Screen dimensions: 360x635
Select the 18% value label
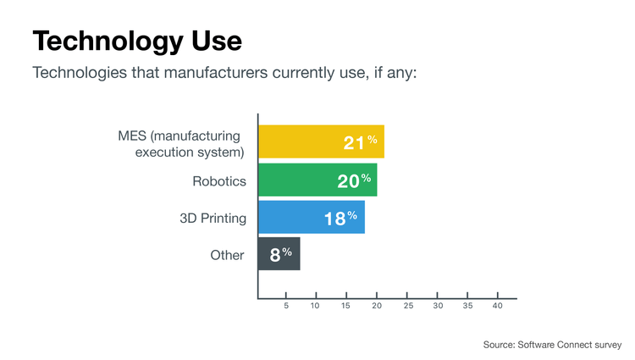[340, 219]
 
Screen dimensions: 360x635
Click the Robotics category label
[218, 180]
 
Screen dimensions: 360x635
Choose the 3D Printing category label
[213, 219]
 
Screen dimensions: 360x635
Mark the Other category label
[227, 255]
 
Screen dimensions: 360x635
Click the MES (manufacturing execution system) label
[181, 143]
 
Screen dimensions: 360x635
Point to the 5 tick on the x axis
[286, 306]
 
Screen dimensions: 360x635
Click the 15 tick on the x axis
[345, 306]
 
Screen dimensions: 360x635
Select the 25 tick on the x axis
[408, 306]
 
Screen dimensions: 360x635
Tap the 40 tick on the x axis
[498, 306]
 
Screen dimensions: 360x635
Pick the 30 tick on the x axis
[438, 306]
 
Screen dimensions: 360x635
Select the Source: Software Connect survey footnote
[552, 344]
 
